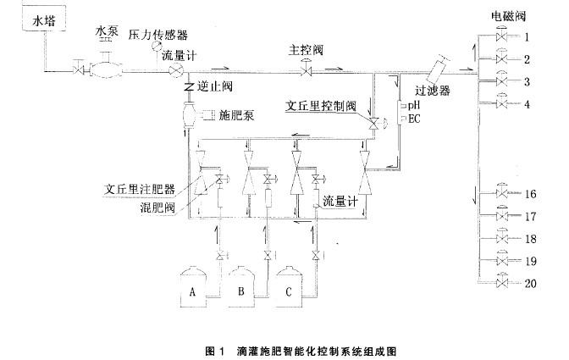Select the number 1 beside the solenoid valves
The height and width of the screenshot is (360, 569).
point(527,37)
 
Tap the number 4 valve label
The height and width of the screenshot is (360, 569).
point(527,104)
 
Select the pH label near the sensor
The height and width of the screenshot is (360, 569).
point(414,106)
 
